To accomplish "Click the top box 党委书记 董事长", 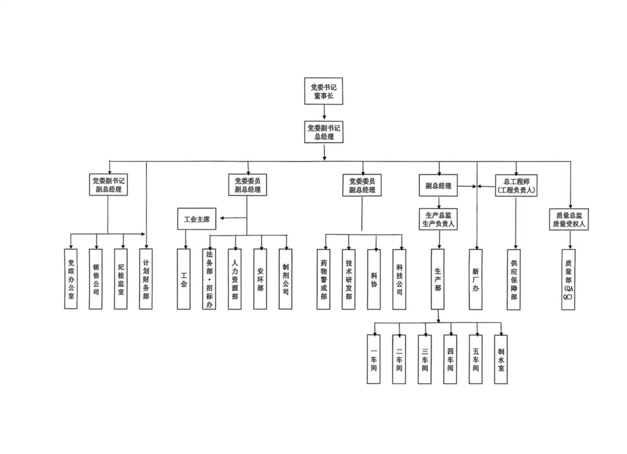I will coord(323,91).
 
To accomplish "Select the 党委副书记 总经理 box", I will coord(323,132).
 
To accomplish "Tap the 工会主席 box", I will coord(196,219).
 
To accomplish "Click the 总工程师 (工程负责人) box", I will coord(516,186).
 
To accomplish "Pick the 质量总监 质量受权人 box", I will coord(568,219).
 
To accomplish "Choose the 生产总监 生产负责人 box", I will coord(438,219).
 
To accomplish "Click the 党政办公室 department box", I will coord(71,279).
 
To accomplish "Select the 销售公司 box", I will coord(96,279).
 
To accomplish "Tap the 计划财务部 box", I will coord(146,279).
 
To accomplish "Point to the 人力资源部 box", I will coord(235,279).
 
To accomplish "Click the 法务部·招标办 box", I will coord(209,279).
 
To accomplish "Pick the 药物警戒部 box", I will coord(323,279).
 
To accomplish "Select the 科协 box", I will coord(374,279).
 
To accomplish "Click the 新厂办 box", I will coord(476,279).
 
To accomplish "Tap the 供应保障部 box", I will coord(514,279).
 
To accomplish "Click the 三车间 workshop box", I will coord(425,359).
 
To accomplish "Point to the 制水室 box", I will coord(501,359).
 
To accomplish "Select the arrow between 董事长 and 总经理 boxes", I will coord(324,113).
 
